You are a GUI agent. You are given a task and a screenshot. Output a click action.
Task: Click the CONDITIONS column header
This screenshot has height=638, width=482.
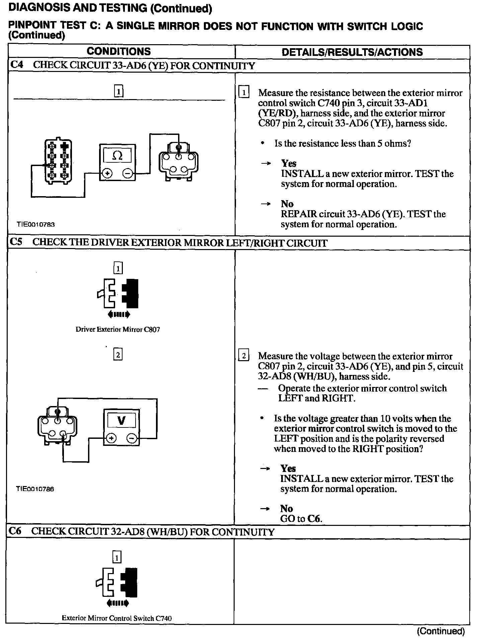click(118, 52)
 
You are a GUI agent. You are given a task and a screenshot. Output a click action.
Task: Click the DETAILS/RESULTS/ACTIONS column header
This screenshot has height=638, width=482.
click(352, 52)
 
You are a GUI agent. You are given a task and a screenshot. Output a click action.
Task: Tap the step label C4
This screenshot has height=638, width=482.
click(17, 65)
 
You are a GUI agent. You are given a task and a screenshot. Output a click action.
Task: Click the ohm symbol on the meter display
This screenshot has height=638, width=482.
click(117, 155)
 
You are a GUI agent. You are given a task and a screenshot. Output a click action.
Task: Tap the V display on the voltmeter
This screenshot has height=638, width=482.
click(122, 420)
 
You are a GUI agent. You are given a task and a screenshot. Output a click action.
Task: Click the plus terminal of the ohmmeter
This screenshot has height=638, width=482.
click(107, 173)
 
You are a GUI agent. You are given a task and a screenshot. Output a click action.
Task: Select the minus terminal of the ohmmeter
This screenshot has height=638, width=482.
click(128, 173)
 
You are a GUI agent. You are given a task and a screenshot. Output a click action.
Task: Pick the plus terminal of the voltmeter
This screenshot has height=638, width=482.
click(111, 438)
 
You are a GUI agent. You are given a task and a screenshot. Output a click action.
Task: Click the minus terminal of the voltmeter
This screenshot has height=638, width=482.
click(132, 438)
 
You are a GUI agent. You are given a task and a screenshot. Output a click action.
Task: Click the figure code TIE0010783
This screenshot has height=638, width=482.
click(36, 225)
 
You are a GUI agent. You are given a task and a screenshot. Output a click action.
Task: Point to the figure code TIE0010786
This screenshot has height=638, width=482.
click(35, 489)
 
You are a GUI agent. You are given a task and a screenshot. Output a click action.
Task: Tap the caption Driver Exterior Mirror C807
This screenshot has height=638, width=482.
click(118, 329)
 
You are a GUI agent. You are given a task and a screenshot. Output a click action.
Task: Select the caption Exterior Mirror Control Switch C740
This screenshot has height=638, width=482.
click(116, 618)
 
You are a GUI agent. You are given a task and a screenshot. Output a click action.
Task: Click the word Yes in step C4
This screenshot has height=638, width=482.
click(289, 163)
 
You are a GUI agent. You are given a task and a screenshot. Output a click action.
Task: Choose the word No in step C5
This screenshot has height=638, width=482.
click(287, 508)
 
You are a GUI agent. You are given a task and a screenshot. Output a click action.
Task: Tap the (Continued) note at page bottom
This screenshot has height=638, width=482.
click(441, 631)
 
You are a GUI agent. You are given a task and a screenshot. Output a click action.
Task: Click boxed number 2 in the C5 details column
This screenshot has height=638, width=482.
click(243, 356)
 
